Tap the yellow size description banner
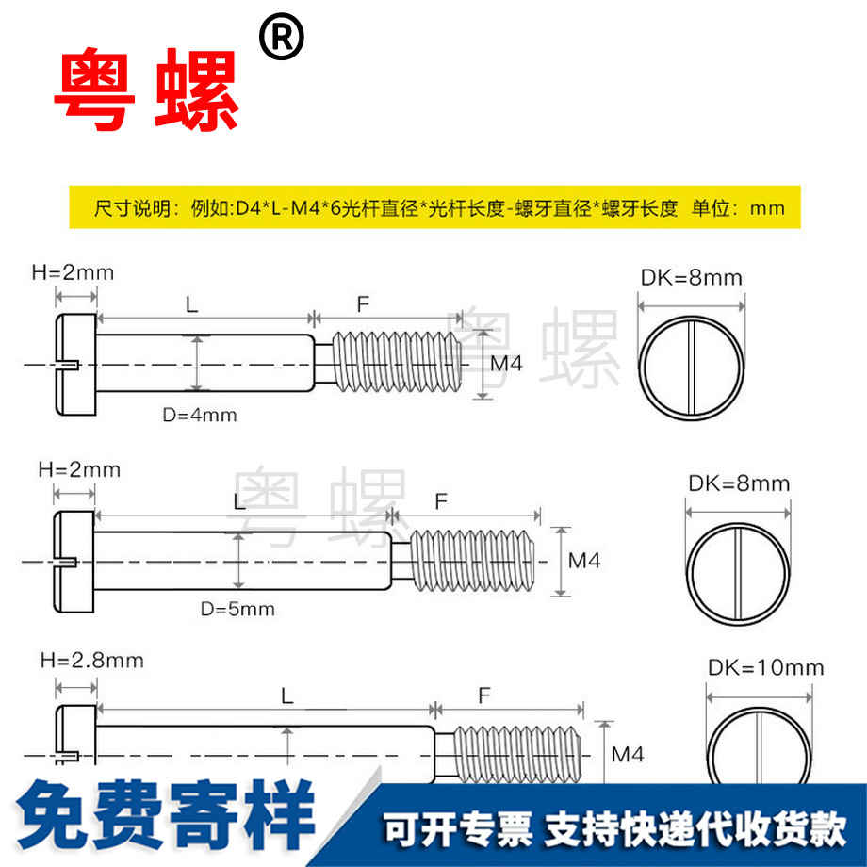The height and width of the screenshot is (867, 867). [434, 208]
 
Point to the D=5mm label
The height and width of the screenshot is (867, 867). [237, 609]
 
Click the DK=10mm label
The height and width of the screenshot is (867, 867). [765, 668]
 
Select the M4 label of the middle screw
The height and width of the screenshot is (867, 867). [583, 561]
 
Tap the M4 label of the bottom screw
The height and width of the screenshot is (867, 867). [628, 755]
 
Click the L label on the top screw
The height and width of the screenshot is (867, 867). [191, 303]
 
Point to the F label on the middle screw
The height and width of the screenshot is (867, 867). [440, 501]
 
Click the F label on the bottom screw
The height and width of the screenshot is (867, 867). [483, 695]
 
